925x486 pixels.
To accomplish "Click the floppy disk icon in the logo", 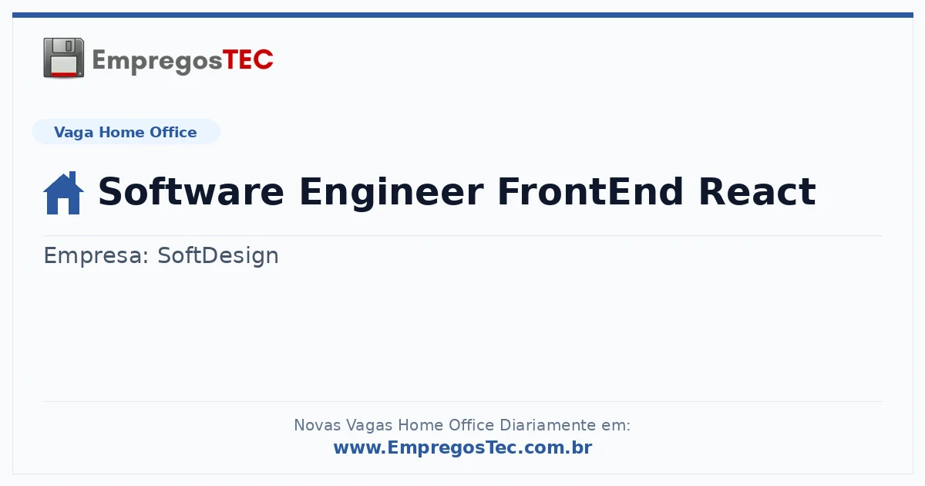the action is [63, 57].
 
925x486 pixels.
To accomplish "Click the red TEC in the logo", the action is [247, 60].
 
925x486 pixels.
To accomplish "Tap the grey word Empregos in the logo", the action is [157, 62].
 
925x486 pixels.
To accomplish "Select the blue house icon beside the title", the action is [63, 193].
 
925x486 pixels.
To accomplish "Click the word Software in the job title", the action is [191, 191].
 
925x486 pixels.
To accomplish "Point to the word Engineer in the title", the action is [391, 194].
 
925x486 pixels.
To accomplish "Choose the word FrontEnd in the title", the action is [590, 191].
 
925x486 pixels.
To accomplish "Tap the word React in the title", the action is [757, 191].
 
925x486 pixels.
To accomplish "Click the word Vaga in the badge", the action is [73, 133].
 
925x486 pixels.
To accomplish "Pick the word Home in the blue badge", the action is [122, 132].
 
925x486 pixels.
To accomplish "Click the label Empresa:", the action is [96, 256].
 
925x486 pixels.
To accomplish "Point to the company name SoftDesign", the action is [218, 256].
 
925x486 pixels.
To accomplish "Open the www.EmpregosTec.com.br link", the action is [462, 447].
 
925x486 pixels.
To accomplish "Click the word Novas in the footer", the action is [317, 425].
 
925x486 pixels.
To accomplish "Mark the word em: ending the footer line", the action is [616, 425].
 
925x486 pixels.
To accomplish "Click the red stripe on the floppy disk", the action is [64, 74].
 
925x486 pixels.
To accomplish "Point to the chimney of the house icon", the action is [72, 177].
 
